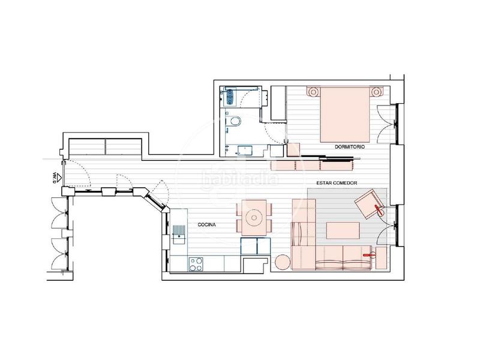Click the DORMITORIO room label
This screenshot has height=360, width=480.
(x=351, y=146)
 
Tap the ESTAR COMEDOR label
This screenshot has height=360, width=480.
(x=334, y=182)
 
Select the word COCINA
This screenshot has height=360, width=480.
(x=208, y=225)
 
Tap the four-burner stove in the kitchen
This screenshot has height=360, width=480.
(x=196, y=262)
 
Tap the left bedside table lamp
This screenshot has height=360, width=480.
(x=313, y=92)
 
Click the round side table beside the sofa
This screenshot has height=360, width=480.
(x=283, y=262)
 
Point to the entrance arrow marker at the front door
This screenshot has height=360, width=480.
(x=53, y=177)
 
